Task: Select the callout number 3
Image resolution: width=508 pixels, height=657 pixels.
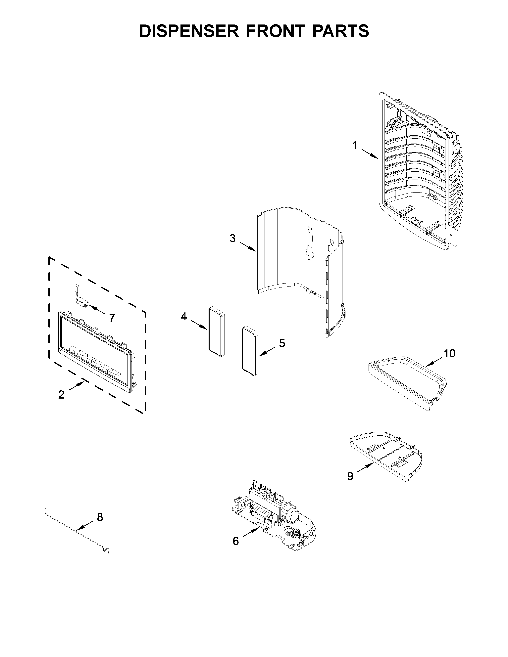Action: click(233, 238)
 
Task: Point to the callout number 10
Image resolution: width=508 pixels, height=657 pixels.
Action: click(450, 354)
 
